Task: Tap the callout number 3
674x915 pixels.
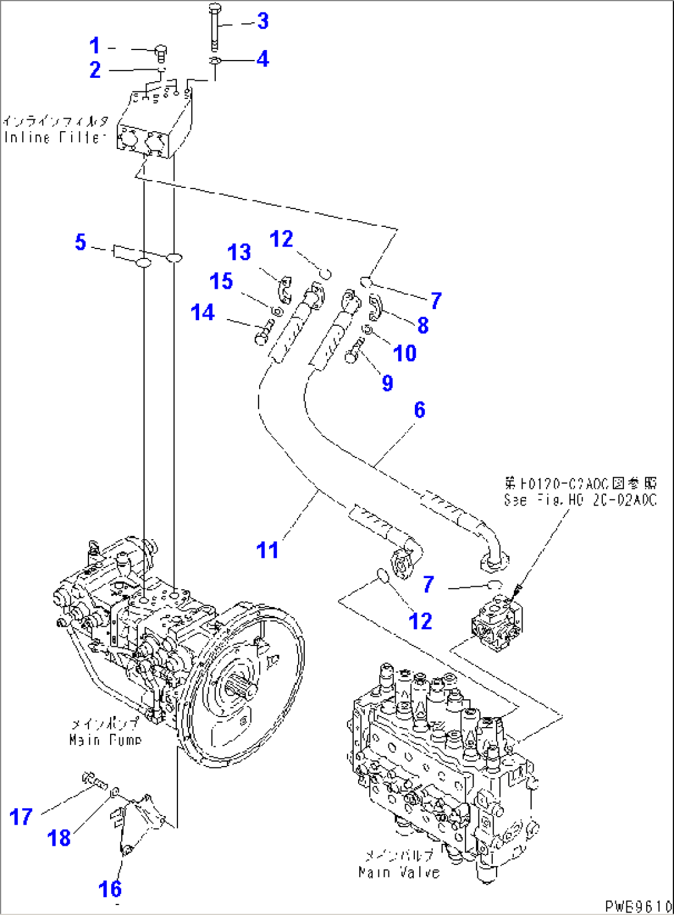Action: (263, 21)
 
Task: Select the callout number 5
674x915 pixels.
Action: (80, 242)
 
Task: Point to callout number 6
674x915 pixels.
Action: (419, 409)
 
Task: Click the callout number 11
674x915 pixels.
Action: (268, 549)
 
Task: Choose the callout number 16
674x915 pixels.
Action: (111, 889)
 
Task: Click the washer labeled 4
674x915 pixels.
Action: (215, 61)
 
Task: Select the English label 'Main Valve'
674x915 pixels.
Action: (399, 872)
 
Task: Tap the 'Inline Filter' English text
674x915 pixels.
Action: (52, 138)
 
